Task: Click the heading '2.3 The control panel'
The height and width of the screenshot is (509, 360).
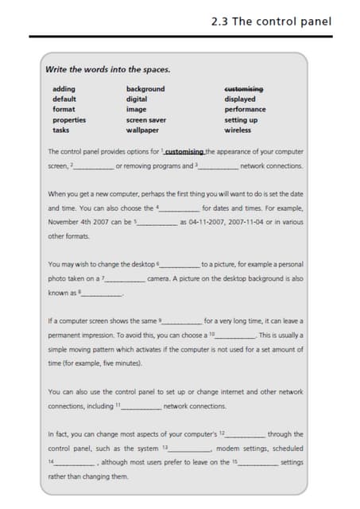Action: (271, 21)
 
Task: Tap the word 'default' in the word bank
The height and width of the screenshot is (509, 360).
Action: (64, 99)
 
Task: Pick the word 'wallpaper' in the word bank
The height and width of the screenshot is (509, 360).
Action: (142, 130)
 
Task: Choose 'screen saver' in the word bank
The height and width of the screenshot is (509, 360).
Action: (145, 119)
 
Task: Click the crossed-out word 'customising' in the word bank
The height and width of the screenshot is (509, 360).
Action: (244, 89)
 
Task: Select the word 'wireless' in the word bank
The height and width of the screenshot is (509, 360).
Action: (238, 130)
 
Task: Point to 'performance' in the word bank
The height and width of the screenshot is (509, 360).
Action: (245, 109)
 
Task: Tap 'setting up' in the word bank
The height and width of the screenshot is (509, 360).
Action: (241, 119)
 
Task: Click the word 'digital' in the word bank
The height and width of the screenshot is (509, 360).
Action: (137, 99)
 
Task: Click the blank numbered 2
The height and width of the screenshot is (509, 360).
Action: (94, 167)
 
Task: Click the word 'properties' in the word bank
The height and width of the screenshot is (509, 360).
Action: (69, 119)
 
